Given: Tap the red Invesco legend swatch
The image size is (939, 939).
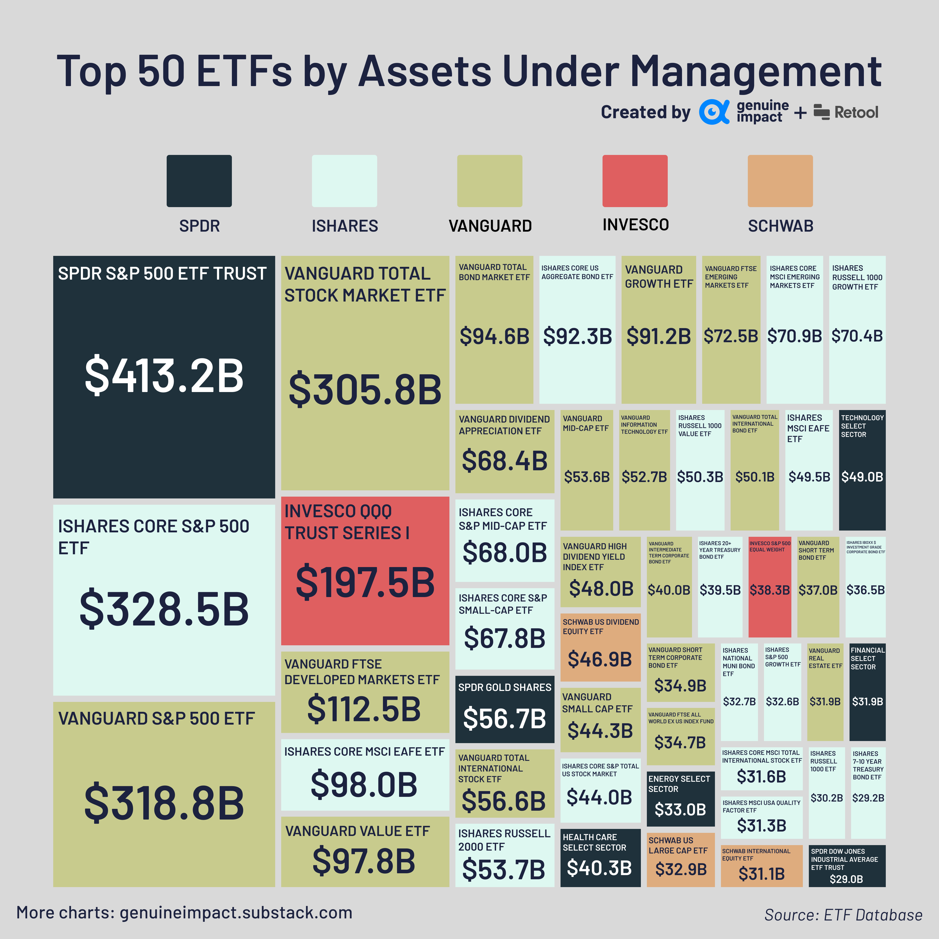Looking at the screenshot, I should [635, 181].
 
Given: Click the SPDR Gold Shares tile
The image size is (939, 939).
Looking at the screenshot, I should [504, 709].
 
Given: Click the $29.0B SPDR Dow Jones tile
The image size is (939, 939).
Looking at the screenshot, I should [847, 866].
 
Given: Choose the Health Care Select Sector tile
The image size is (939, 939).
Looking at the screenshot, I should [600, 858].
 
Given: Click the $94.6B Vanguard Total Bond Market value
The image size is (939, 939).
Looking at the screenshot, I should [494, 336].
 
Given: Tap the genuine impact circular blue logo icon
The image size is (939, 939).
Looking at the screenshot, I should [713, 112].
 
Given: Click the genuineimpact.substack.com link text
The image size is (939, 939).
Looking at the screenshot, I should [236, 913].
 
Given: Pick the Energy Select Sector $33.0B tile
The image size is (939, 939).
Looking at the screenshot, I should [681, 798].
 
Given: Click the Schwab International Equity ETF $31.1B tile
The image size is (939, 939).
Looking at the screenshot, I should [761, 866].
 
